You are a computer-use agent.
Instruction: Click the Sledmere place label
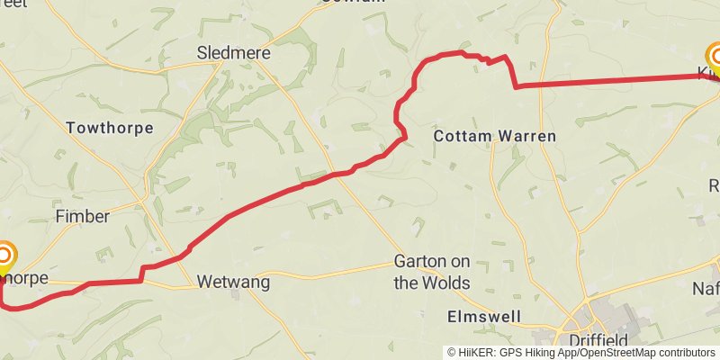pos(233,53)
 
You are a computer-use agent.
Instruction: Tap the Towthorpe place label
pos(110,128)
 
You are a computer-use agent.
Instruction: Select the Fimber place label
pos(82,216)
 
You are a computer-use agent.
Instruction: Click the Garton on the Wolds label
pos(432,272)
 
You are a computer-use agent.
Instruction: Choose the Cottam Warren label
pos(495,136)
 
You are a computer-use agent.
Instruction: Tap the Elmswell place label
pos(484,317)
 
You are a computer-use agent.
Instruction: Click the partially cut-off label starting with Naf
pos(706,288)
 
